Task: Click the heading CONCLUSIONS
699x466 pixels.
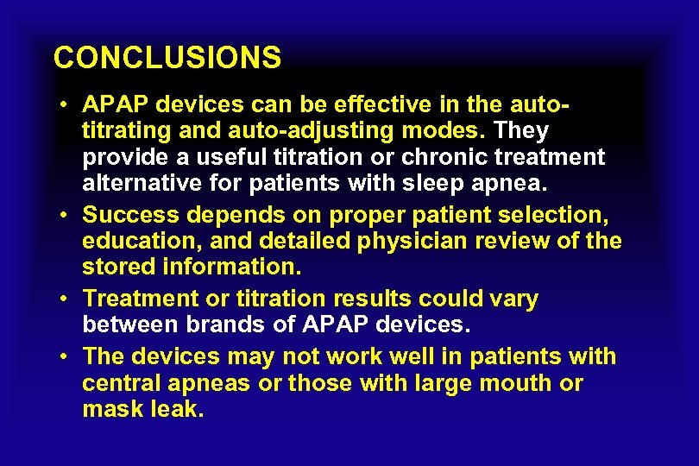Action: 167,58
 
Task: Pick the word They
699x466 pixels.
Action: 520,131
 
